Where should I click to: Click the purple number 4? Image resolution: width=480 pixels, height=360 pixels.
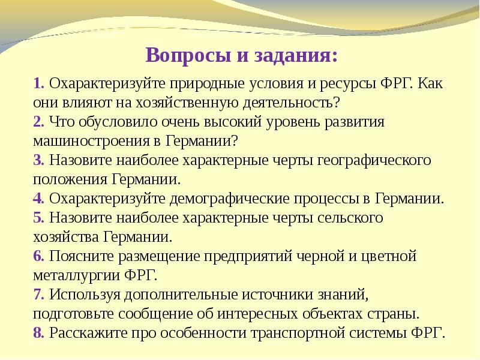tap(38, 198)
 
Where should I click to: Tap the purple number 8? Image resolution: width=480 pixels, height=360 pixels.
tap(38, 333)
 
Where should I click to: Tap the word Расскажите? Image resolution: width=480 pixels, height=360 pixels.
tap(84, 333)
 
